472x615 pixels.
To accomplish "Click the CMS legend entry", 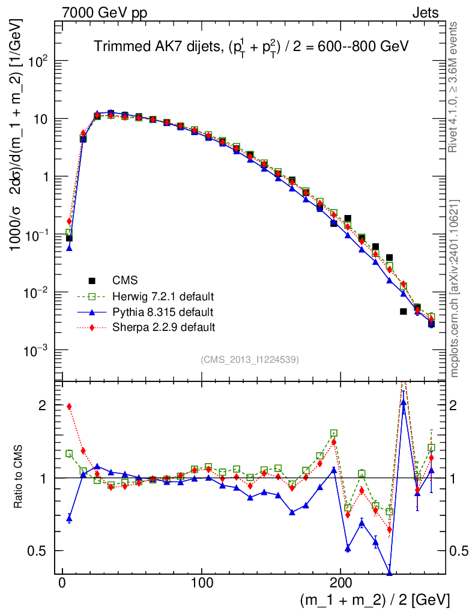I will click(125, 280).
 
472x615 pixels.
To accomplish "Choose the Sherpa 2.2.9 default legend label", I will click(163, 327).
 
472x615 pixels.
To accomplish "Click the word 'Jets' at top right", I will click(425, 13).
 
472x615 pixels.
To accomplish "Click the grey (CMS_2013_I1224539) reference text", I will click(250, 360).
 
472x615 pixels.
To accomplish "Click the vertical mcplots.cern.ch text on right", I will click(455, 288).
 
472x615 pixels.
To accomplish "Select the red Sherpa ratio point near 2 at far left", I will click(69, 406).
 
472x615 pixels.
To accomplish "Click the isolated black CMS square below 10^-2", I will click(403, 311).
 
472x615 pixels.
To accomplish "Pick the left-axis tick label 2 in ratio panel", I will click(43, 405).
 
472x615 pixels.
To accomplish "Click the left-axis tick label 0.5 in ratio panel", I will click(38, 551).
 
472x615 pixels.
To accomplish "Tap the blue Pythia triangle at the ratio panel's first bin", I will click(69, 518).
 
